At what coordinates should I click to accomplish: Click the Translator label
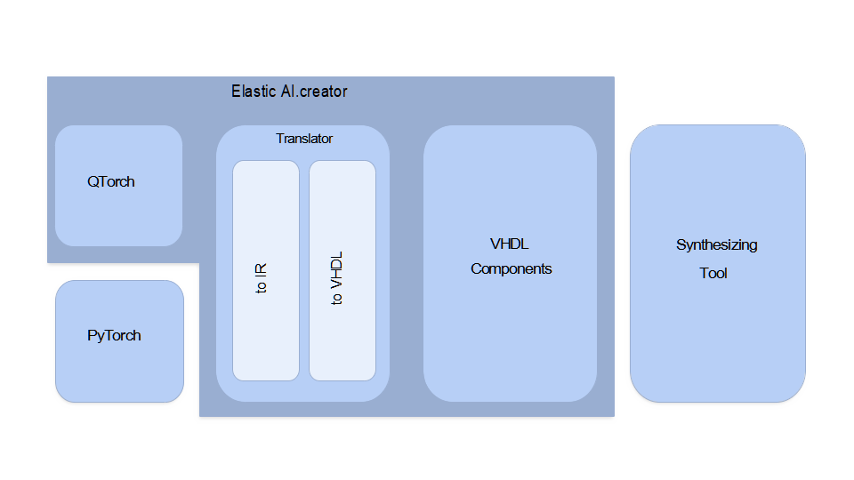click(304, 139)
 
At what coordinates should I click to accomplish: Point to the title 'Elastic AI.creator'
click(289, 92)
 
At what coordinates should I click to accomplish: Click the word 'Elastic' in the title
click(253, 92)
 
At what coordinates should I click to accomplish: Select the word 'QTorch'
click(111, 182)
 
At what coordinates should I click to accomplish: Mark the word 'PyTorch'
click(114, 336)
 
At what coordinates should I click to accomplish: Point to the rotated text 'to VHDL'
click(337, 278)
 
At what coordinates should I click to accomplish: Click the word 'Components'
click(512, 269)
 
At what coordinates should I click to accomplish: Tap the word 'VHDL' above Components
click(510, 244)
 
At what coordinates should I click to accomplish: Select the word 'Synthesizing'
click(717, 245)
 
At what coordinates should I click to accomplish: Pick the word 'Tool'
click(713, 274)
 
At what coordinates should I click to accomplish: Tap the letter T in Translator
click(279, 139)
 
